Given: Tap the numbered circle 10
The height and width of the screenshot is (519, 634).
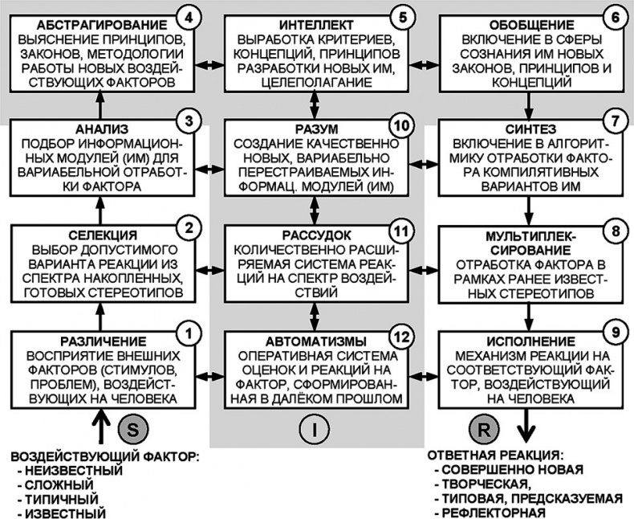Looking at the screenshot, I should pyautogui.click(x=400, y=128).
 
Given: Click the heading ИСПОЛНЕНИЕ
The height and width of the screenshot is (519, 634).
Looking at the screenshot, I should pyautogui.click(x=520, y=338).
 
